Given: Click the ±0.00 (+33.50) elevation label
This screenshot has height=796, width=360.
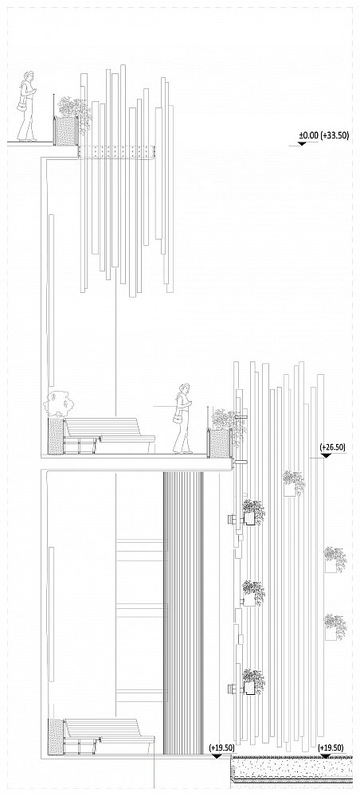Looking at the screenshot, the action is (323, 135).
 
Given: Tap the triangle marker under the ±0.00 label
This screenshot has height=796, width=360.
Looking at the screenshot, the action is (302, 143).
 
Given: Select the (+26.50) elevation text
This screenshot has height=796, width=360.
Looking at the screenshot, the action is (333, 447).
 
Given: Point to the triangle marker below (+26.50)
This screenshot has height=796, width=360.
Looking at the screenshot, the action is (326, 455).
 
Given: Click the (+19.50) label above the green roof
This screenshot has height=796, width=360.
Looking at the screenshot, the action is (331, 747).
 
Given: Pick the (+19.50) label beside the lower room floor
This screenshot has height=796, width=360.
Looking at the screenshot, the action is (222, 747).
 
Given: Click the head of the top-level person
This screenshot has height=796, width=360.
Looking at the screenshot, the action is (29, 76).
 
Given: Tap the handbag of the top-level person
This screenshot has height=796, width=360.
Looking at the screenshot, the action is (22, 107).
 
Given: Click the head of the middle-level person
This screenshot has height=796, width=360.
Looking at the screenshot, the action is (184, 389).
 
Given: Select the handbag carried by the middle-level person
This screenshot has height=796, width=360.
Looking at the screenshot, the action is (177, 419).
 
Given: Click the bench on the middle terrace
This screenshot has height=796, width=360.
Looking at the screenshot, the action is (109, 435).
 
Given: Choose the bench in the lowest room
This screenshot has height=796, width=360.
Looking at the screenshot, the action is (108, 736).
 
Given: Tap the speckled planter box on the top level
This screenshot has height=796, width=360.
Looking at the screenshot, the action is (65, 131).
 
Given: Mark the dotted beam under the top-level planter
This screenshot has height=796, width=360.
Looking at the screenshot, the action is (116, 151).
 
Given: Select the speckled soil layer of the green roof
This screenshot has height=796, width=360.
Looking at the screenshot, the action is (292, 767).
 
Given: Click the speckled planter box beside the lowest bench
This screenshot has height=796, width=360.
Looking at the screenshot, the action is (55, 736).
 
